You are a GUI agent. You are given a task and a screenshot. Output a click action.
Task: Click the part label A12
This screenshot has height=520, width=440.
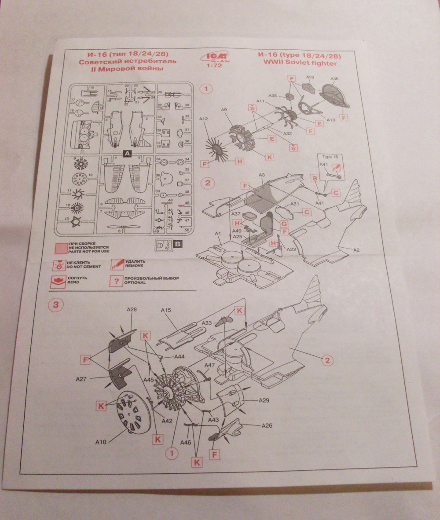[203, 118]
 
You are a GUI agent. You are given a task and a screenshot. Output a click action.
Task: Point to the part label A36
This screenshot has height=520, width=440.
[334, 79]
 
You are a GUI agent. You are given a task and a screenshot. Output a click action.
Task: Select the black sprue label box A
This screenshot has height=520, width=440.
[127, 154]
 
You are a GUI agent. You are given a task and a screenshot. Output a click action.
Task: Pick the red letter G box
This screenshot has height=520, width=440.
[285, 224]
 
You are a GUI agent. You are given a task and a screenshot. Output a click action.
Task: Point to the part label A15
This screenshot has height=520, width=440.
[165, 310]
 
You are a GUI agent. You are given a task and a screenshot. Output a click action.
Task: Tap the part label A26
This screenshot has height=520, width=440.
[267, 425]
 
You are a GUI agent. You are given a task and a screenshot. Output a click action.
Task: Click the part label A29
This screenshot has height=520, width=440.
[264, 400]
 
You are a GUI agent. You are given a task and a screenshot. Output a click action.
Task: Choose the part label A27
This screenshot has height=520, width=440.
[82, 378]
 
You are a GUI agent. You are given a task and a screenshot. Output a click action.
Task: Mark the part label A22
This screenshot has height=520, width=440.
[291, 249]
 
